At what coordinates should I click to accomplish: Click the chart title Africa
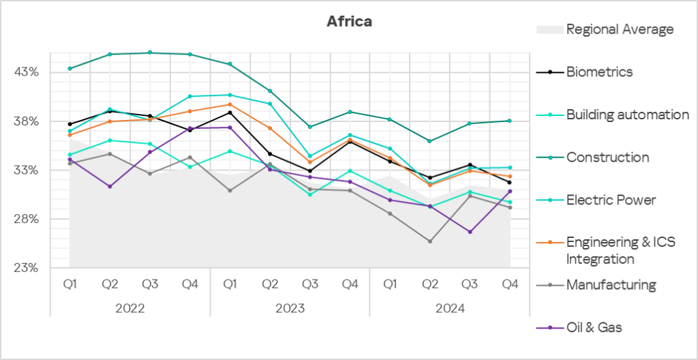[x=349, y=21]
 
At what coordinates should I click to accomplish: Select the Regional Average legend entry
[x=620, y=29]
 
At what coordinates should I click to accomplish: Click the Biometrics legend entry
[x=599, y=72]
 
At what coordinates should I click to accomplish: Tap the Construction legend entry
[x=607, y=157]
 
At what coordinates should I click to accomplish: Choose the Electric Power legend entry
[x=611, y=200]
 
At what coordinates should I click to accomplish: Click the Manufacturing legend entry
[x=611, y=285]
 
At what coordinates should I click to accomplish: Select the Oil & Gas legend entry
[x=594, y=328]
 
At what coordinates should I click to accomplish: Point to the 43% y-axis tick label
[x=27, y=72]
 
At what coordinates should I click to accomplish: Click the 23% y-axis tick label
[x=27, y=268]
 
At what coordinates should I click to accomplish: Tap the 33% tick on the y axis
[x=27, y=170]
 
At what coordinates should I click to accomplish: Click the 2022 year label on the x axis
[x=130, y=308]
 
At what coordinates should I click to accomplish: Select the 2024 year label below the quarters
[x=449, y=308]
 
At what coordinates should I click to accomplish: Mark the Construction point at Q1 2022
[x=70, y=68]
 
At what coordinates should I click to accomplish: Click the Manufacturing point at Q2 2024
[x=430, y=241]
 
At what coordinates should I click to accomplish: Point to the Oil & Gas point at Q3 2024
[x=470, y=232]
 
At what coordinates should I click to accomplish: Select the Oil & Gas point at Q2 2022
[x=110, y=186]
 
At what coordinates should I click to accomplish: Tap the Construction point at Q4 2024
[x=510, y=121]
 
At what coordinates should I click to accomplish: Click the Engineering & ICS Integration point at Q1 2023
[x=230, y=104]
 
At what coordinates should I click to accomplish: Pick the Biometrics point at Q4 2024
[x=510, y=182]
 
